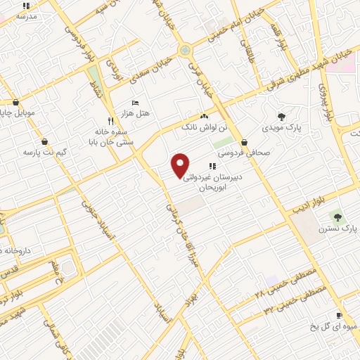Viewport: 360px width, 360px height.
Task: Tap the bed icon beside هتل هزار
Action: [135, 103]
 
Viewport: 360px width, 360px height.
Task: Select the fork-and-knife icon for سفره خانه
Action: [110, 120]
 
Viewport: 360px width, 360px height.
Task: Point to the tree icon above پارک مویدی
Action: [282, 117]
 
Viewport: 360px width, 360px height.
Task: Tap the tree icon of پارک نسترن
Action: [337, 217]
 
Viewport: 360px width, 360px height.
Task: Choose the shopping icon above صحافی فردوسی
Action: [243, 142]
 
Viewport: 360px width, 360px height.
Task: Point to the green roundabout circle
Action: [184, 50]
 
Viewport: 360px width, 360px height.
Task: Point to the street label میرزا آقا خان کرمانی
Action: [181, 232]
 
